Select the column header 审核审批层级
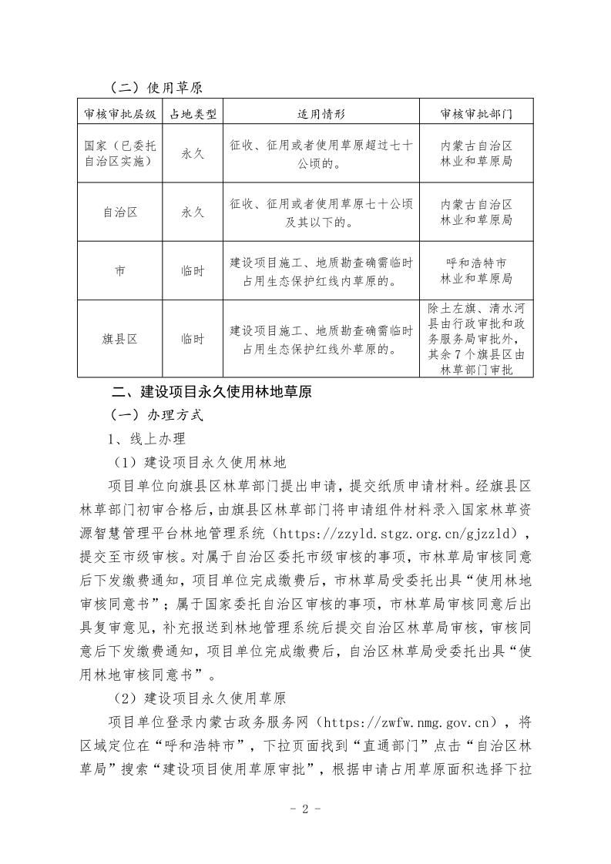(119, 114)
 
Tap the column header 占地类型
(192, 114)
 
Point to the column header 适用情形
(321, 114)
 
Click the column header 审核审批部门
(476, 114)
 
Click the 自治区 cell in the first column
(119, 212)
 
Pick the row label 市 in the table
(119, 271)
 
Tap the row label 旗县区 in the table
(119, 339)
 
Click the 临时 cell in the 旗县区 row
(192, 339)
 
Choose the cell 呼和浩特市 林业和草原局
(476, 271)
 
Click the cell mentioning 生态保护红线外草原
(321, 339)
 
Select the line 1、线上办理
(146, 438)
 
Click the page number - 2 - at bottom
(305, 809)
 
